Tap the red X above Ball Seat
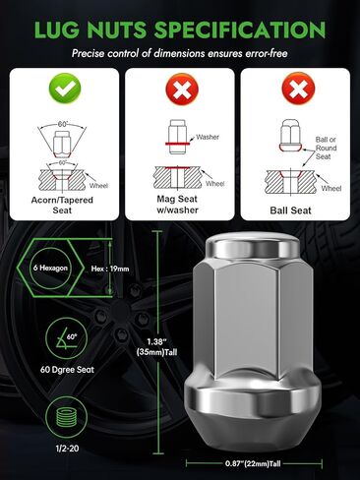coord(295,91)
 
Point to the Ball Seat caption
coord(295,208)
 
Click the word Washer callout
coord(208,137)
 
